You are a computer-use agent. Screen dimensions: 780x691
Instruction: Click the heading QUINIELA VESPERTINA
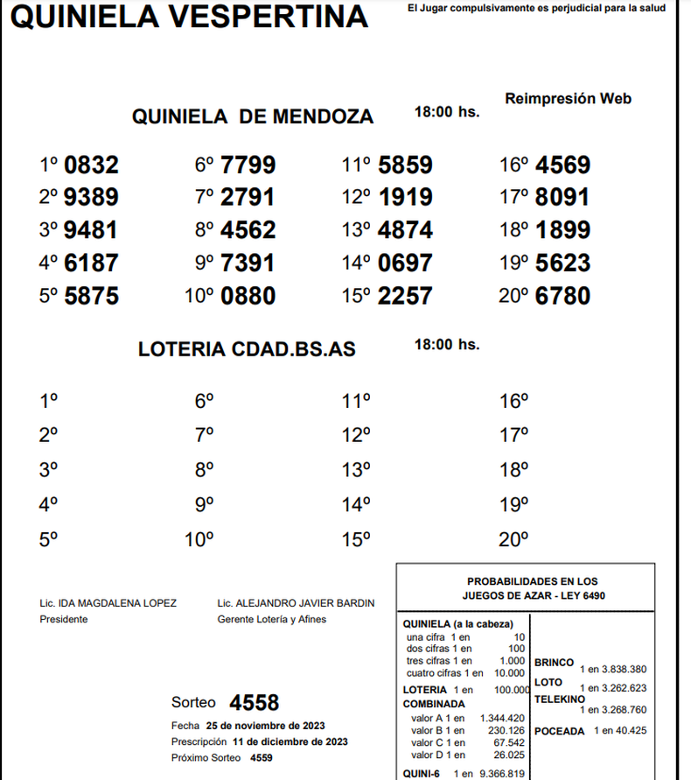pyautogui.click(x=189, y=16)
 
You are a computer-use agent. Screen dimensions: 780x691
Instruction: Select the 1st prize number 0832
pyautogui.click(x=92, y=165)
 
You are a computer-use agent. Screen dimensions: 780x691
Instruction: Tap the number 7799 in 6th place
pyautogui.click(x=248, y=165)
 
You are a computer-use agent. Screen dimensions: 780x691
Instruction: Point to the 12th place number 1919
pyautogui.click(x=405, y=198)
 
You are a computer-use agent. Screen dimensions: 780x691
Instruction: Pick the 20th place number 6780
pyautogui.click(x=563, y=296)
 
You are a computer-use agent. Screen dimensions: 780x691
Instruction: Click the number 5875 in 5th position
pyautogui.click(x=92, y=296)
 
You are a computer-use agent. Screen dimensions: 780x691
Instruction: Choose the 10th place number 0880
pyautogui.click(x=248, y=296)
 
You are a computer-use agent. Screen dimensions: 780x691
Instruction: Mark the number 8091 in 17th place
pyautogui.click(x=563, y=198)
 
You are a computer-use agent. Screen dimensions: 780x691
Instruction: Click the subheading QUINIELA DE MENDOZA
pyautogui.click(x=252, y=117)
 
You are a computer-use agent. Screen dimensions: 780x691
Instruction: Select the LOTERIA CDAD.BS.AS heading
pyautogui.click(x=247, y=349)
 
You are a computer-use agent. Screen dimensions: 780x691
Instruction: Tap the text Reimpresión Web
pyautogui.click(x=568, y=99)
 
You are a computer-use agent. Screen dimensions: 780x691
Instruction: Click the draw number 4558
pyautogui.click(x=254, y=703)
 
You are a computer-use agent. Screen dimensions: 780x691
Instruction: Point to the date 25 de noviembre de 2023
pyautogui.click(x=265, y=726)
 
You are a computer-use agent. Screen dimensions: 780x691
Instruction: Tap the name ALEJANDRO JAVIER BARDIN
pyautogui.click(x=305, y=603)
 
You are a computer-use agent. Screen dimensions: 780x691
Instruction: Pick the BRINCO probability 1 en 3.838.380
pyautogui.click(x=612, y=669)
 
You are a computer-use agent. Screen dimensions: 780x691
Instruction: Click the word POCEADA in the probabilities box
pyautogui.click(x=559, y=730)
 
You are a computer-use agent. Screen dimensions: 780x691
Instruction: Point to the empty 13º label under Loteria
pyautogui.click(x=355, y=471)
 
